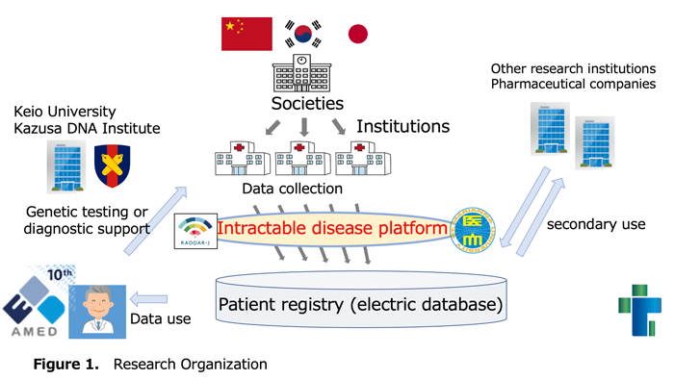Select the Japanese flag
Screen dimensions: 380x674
pyautogui.click(x=357, y=34)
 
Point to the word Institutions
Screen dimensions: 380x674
pyautogui.click(x=402, y=126)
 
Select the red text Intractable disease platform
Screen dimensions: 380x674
pyautogui.click(x=331, y=229)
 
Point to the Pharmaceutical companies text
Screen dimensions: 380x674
pyautogui.click(x=574, y=85)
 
